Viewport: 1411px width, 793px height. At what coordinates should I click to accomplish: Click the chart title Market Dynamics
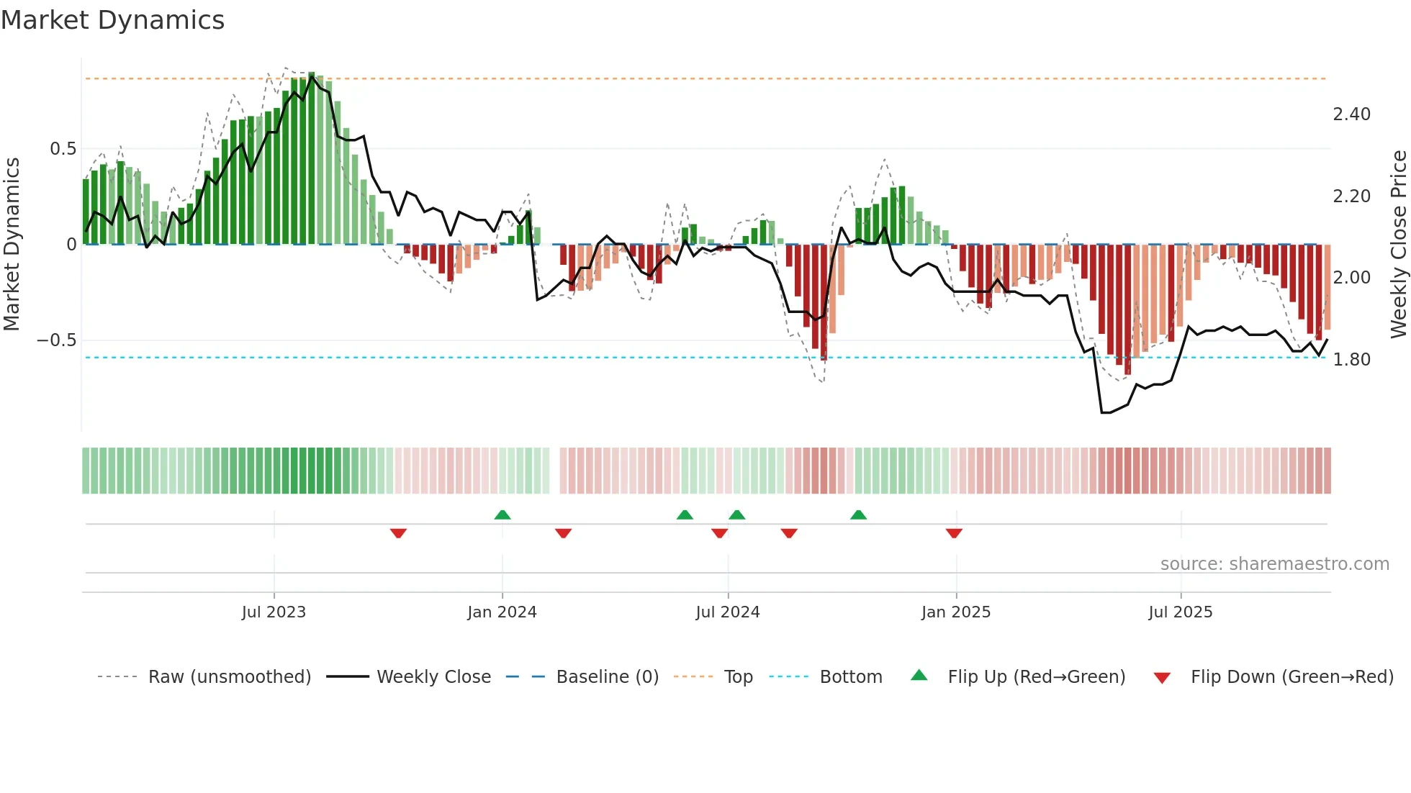[112, 20]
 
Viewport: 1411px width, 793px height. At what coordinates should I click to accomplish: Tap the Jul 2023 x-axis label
[274, 612]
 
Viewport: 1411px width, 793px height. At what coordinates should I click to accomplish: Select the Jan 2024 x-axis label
[502, 612]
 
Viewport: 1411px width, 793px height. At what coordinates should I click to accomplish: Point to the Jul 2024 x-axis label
[728, 612]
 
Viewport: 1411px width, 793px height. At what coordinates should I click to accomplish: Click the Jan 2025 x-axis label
[956, 612]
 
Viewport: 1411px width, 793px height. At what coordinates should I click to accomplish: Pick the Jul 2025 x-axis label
[1181, 612]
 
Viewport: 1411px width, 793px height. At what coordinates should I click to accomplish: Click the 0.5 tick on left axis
[63, 149]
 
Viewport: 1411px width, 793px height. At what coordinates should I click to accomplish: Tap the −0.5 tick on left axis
[57, 340]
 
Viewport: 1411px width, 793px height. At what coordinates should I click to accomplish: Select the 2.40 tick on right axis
[1351, 114]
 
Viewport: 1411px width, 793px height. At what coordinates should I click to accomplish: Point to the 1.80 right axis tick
[1351, 360]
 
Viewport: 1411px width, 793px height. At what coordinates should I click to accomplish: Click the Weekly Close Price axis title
[1398, 244]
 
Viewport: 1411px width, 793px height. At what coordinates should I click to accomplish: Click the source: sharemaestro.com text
[1274, 564]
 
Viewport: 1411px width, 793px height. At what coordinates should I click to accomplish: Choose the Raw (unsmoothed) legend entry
[229, 677]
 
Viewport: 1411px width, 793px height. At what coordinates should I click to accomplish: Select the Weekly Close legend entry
[433, 677]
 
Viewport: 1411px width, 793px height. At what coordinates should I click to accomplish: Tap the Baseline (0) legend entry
[607, 677]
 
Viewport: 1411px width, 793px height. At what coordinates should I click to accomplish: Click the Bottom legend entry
[850, 677]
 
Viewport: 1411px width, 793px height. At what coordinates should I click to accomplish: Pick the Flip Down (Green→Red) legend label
[1291, 677]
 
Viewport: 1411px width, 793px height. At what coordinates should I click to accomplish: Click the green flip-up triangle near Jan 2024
[502, 515]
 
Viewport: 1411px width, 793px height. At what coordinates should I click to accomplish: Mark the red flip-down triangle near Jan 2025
[954, 533]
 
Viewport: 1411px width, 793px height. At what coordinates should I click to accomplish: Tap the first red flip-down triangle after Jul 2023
[398, 533]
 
